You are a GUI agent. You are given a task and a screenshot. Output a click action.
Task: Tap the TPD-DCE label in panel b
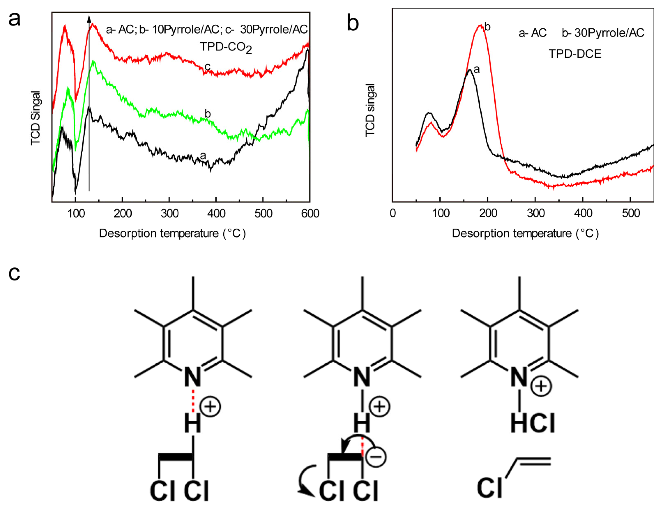(x=575, y=54)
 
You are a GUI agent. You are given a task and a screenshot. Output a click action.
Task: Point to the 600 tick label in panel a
(x=310, y=214)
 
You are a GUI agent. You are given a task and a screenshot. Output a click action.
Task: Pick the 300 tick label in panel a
(x=169, y=214)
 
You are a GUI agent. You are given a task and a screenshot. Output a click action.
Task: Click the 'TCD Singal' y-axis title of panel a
(x=36, y=118)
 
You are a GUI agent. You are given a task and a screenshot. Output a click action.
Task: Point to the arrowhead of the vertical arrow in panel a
(x=89, y=19)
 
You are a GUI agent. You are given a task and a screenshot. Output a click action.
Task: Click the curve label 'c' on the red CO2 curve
(x=207, y=66)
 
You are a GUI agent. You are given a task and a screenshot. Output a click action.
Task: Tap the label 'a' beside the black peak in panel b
(x=476, y=70)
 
